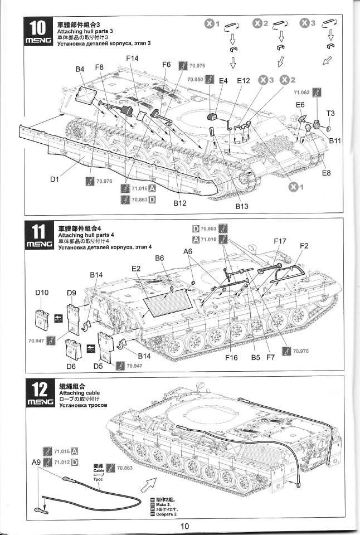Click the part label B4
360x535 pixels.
80,69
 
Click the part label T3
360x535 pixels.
330,113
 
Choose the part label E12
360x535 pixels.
244,81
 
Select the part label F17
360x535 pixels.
280,241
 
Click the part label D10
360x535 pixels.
42,293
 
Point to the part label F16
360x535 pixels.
231,358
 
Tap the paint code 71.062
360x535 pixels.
301,93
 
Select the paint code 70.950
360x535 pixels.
195,79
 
